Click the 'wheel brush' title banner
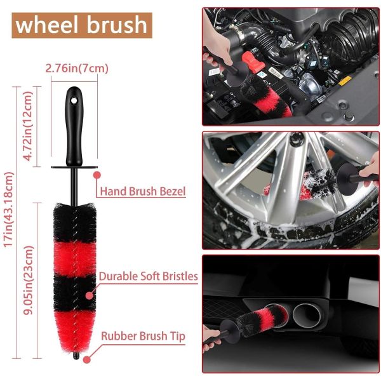point(81,25)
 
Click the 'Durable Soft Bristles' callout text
point(148,276)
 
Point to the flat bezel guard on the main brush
point(74,168)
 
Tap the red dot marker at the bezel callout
point(97,173)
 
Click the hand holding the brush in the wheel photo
point(368,170)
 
